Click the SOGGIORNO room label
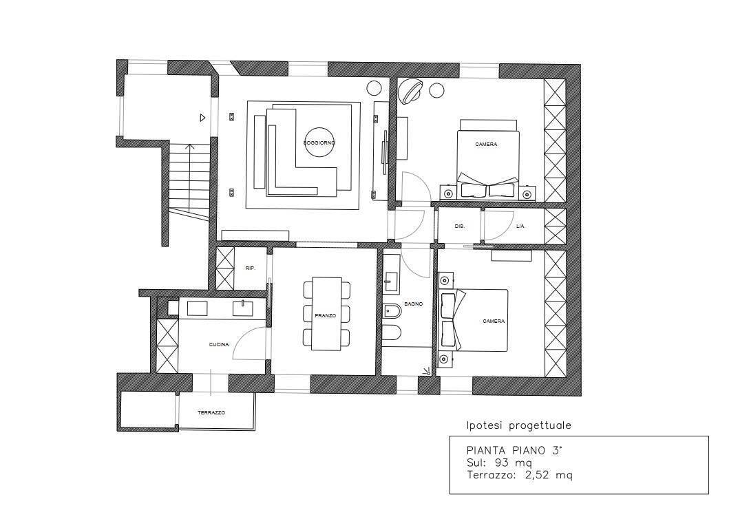tap(319, 142)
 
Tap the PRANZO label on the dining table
tap(325, 315)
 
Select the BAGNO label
tap(414, 304)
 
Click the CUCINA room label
tap(219, 344)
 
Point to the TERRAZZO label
tap(211, 413)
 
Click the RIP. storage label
tap(250, 268)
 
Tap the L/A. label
tap(520, 226)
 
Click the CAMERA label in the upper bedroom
tap(486, 145)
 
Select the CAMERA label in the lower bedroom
tap(494, 321)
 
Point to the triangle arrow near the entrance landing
tap(202, 118)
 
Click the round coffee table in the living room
tap(319, 142)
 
